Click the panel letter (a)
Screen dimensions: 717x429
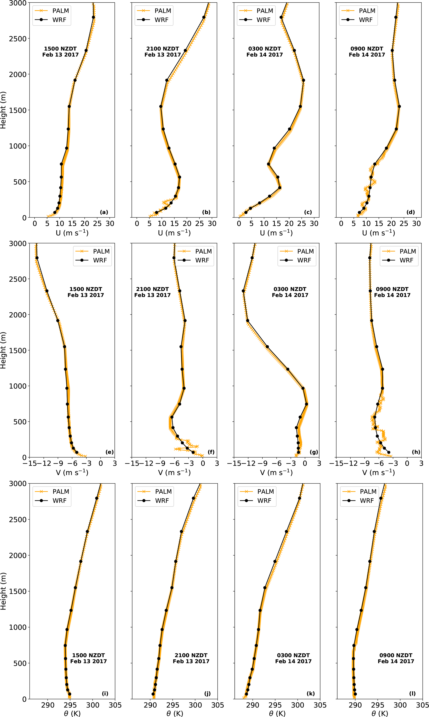(104, 212)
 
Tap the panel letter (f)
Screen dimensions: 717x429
(211, 452)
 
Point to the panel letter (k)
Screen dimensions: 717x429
(310, 693)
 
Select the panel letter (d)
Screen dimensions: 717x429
(411, 212)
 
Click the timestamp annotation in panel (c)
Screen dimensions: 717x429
(264, 52)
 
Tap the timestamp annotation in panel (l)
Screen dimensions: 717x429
(396, 658)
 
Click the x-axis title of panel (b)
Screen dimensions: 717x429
(174, 233)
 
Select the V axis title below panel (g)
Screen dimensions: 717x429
(276, 472)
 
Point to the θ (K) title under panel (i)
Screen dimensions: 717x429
(72, 713)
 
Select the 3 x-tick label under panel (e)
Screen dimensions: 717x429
(115, 463)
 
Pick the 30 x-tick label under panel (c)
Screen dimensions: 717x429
(314, 223)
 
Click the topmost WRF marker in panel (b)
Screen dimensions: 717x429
(204, 17)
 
